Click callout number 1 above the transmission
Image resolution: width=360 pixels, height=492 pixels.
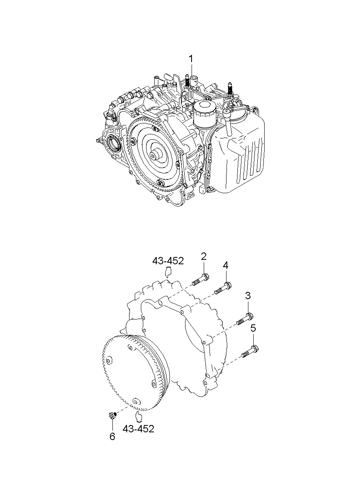pyautogui.click(x=190, y=60)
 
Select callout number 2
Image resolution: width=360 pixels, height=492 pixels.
pyautogui.click(x=204, y=256)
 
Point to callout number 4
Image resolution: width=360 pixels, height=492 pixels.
pyautogui.click(x=225, y=265)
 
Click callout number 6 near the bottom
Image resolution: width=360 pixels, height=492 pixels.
pyautogui.click(x=112, y=436)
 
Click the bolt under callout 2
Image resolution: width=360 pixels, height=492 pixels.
pyautogui.click(x=200, y=280)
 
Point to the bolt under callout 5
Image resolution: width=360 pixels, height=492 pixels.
pyautogui.click(x=250, y=352)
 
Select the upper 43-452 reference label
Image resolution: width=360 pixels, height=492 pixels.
pyautogui.click(x=168, y=261)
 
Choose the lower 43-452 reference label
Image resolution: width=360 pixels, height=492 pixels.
pyautogui.click(x=139, y=429)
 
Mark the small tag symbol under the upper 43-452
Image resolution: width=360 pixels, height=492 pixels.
pyautogui.click(x=167, y=272)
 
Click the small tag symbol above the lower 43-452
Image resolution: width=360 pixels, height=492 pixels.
pyautogui.click(x=139, y=416)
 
